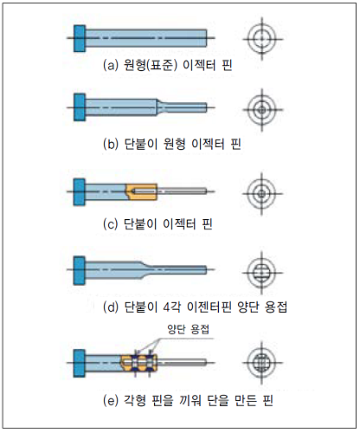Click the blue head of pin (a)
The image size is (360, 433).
point(80,39)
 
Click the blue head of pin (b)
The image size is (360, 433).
point(80,107)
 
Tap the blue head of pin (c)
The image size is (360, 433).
point(80,192)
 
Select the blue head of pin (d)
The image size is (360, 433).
point(80,270)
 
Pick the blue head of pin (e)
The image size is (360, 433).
point(80,363)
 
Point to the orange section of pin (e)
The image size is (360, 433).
point(139,363)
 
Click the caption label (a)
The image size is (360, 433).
point(111,66)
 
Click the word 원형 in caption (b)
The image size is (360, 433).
point(174,144)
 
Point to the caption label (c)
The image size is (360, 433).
point(111,224)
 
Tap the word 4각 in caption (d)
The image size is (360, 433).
point(171,307)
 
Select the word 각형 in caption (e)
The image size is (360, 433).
point(134,400)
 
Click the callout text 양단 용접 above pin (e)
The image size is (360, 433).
point(188,329)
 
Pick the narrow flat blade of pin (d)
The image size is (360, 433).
point(179,270)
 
